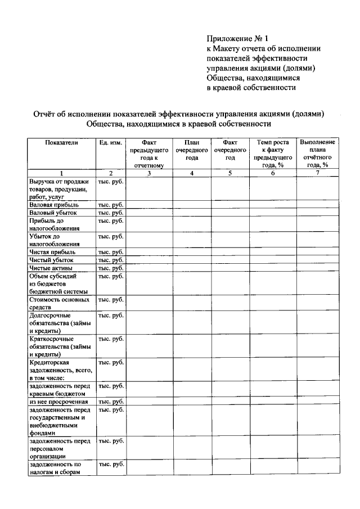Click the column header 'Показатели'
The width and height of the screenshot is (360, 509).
click(61, 143)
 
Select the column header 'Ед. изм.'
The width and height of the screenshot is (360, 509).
click(111, 143)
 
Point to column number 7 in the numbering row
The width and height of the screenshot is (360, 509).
click(318, 173)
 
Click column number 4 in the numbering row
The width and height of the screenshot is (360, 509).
click(192, 173)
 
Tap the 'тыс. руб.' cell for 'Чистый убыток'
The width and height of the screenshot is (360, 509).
click(111, 260)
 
